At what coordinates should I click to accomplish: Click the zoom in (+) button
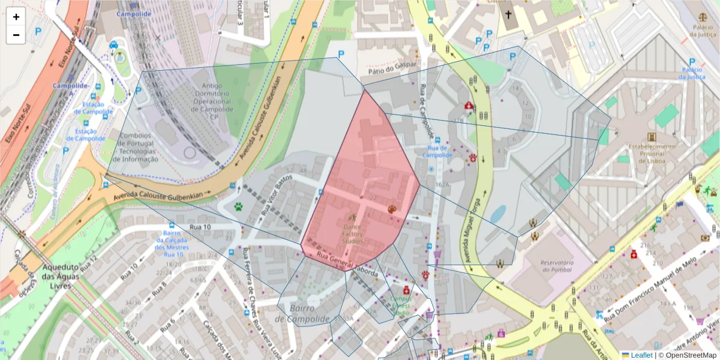[16, 17]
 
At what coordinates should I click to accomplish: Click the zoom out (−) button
[16, 35]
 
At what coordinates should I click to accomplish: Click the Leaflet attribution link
[641, 355]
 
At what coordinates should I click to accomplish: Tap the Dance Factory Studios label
[352, 233]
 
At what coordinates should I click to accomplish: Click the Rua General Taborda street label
[348, 265]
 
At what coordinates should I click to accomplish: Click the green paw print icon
[239, 207]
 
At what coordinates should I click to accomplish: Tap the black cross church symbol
[508, 14]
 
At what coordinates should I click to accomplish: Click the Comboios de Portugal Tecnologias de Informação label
[139, 147]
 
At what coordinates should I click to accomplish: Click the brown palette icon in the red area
[392, 209]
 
